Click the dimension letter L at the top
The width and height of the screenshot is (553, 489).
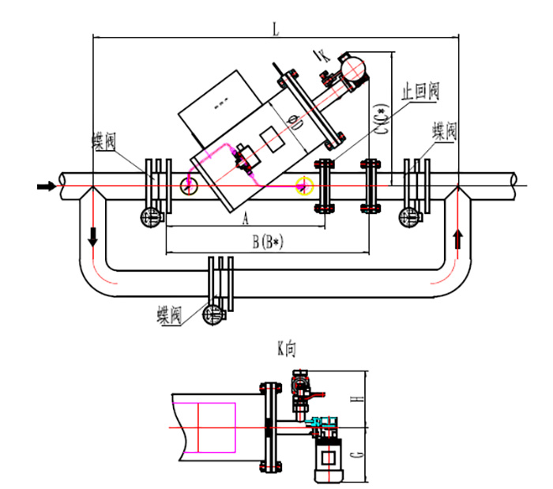[x=275, y=28]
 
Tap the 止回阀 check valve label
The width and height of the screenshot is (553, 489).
[x=420, y=92]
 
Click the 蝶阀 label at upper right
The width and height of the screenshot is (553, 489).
[x=445, y=131]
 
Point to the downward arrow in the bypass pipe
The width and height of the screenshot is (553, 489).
[x=92, y=236]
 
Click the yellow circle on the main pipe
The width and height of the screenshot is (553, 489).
[x=304, y=186]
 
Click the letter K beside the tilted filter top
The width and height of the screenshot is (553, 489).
[x=320, y=55]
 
